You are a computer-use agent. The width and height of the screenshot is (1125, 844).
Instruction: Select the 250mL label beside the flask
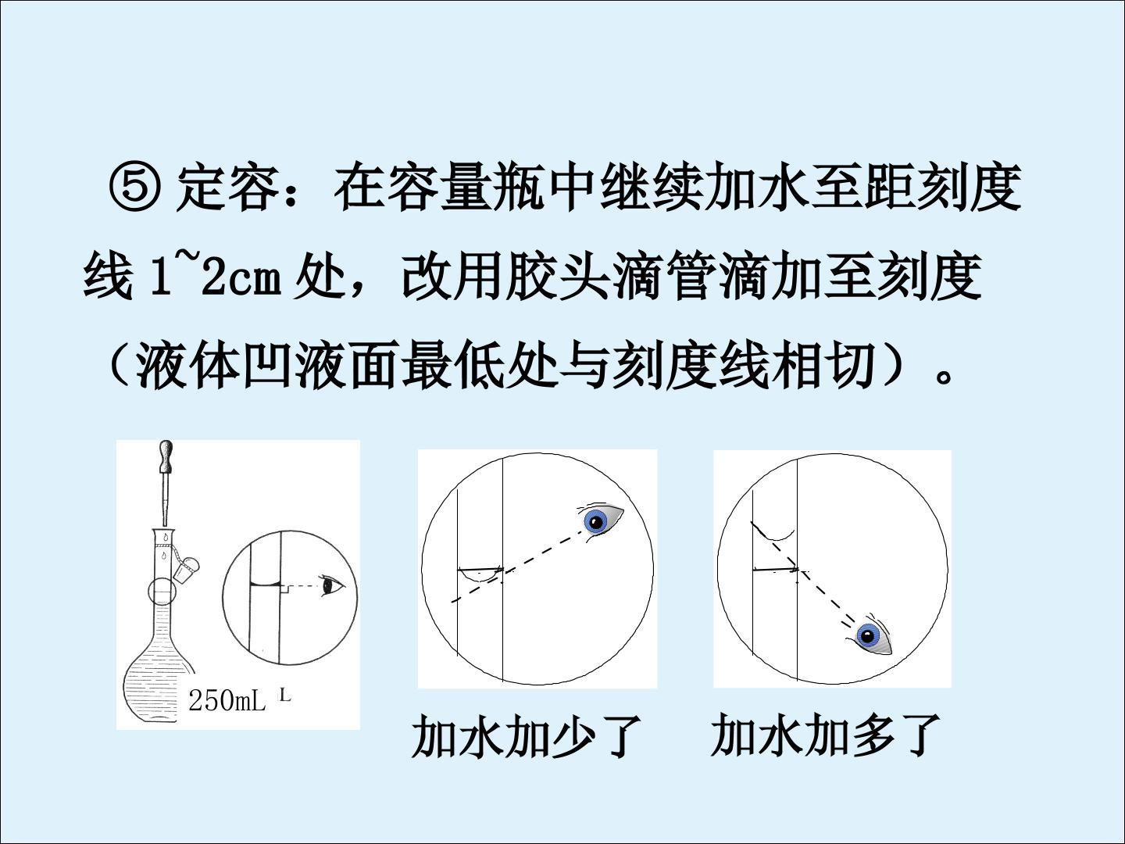227,701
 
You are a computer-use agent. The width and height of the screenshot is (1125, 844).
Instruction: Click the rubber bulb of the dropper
167,456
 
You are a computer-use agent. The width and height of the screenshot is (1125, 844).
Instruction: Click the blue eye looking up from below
871,638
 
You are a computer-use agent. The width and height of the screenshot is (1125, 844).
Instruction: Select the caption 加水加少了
526,736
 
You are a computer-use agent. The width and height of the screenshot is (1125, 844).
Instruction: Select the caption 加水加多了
825,736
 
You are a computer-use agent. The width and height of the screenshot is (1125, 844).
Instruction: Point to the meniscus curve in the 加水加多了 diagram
773,534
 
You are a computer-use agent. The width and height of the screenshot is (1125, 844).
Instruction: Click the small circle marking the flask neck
162,591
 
